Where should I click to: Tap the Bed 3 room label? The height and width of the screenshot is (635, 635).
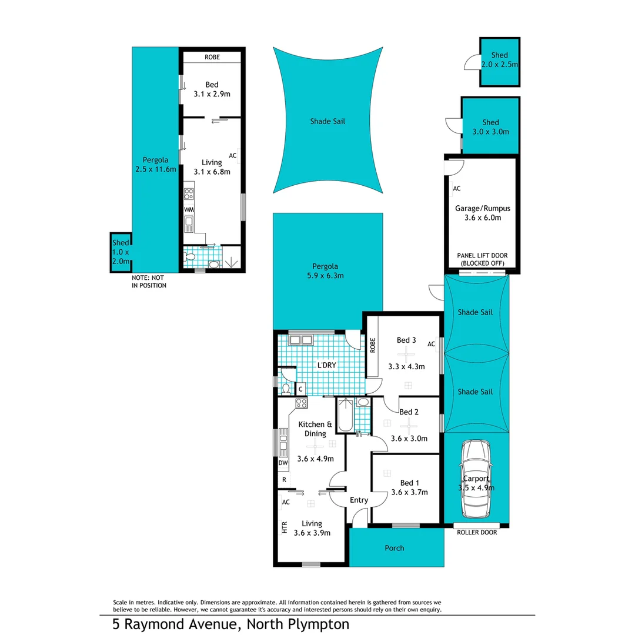(406, 340)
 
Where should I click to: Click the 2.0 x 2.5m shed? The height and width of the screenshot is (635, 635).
(499, 61)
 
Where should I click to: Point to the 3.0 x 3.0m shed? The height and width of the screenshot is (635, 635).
(490, 126)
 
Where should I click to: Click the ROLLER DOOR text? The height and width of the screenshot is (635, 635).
(477, 532)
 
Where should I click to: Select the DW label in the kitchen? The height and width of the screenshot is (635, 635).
(283, 463)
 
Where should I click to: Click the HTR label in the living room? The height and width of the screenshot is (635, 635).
(285, 528)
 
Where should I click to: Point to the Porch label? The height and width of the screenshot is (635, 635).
(395, 548)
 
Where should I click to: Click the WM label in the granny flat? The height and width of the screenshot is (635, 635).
(189, 209)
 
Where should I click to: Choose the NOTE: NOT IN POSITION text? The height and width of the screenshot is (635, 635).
(149, 281)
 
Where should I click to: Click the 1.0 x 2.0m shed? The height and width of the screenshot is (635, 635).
(121, 252)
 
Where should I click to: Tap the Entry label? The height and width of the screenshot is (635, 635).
(359, 500)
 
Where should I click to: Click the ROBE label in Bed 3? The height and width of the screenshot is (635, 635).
(372, 347)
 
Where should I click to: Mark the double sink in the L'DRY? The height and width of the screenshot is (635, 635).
(300, 339)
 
